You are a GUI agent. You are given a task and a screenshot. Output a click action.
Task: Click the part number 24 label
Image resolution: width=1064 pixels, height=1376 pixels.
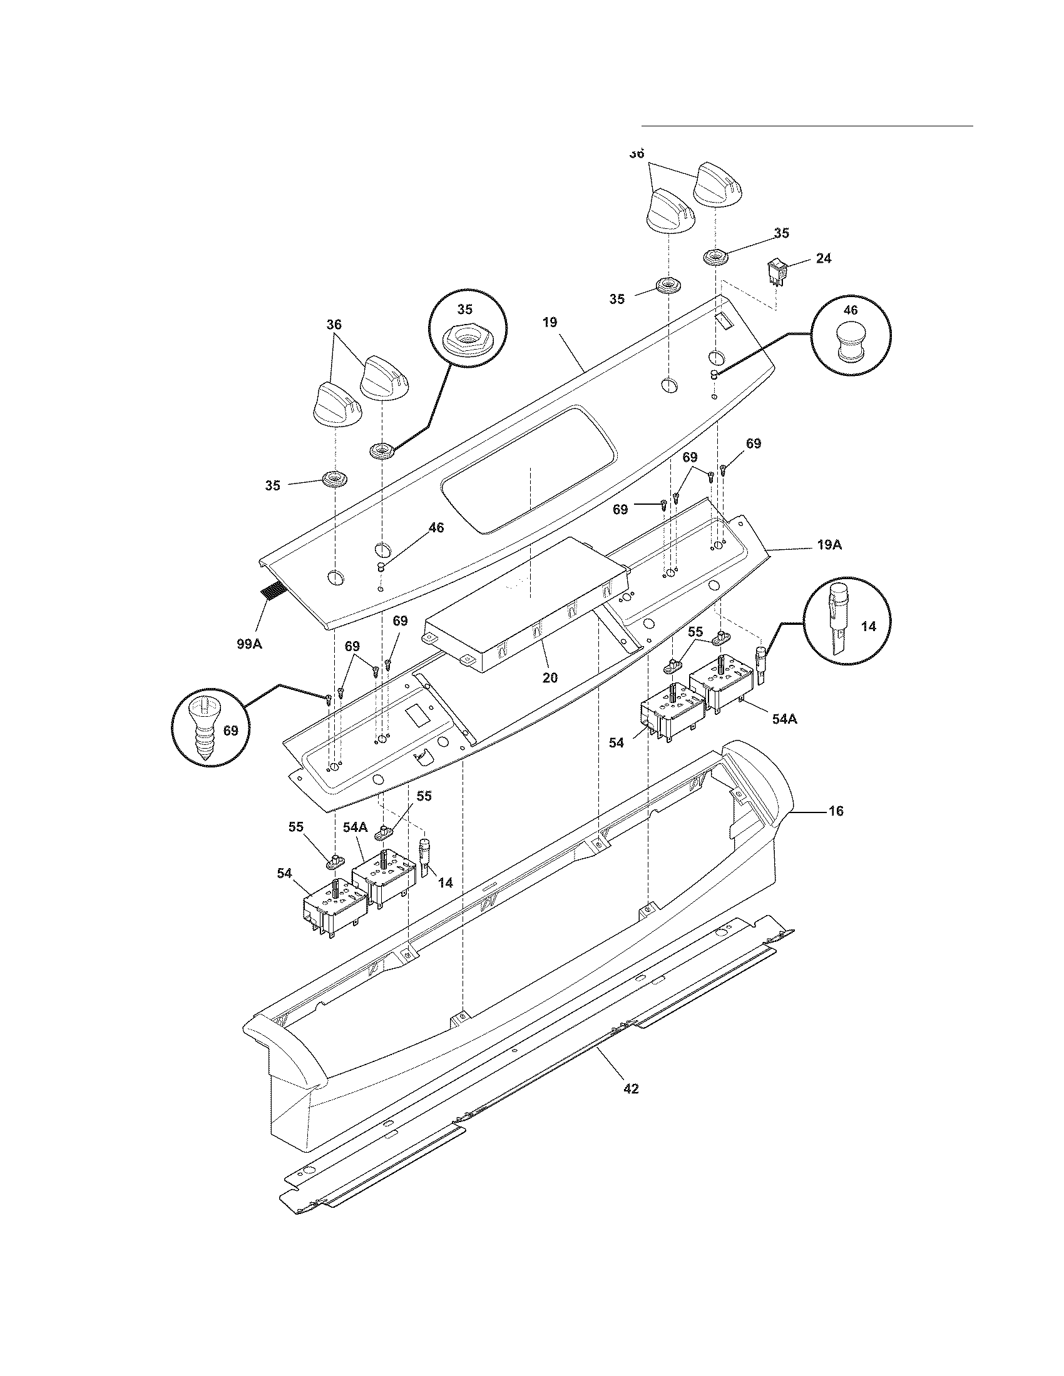pos(823,258)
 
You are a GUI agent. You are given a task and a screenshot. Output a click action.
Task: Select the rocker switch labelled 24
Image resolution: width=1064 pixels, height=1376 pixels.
pos(776,273)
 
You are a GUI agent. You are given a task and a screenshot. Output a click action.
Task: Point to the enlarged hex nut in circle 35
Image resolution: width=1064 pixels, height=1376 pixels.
pos(464,340)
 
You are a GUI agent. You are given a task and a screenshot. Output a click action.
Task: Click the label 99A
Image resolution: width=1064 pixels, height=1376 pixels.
pos(249,644)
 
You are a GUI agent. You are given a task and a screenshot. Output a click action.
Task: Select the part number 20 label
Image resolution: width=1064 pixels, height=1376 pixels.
pos(550,677)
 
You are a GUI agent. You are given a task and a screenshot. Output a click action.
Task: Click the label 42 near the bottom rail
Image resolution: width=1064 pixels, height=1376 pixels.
pos(630,1089)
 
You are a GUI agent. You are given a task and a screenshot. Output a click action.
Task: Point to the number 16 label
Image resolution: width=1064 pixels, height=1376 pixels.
pos(835,811)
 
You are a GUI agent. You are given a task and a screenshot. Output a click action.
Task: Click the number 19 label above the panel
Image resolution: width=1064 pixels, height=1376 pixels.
pos(550,322)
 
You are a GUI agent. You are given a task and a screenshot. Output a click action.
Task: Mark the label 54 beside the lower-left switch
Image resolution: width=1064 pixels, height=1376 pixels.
pos(285,873)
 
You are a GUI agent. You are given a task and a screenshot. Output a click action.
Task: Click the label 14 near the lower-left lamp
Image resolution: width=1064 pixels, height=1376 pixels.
pos(445,883)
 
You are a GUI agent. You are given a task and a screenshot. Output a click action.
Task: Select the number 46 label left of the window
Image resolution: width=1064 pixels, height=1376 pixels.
pos(436,527)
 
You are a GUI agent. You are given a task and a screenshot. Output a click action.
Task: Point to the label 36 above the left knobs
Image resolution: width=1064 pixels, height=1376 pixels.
pos(334,325)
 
